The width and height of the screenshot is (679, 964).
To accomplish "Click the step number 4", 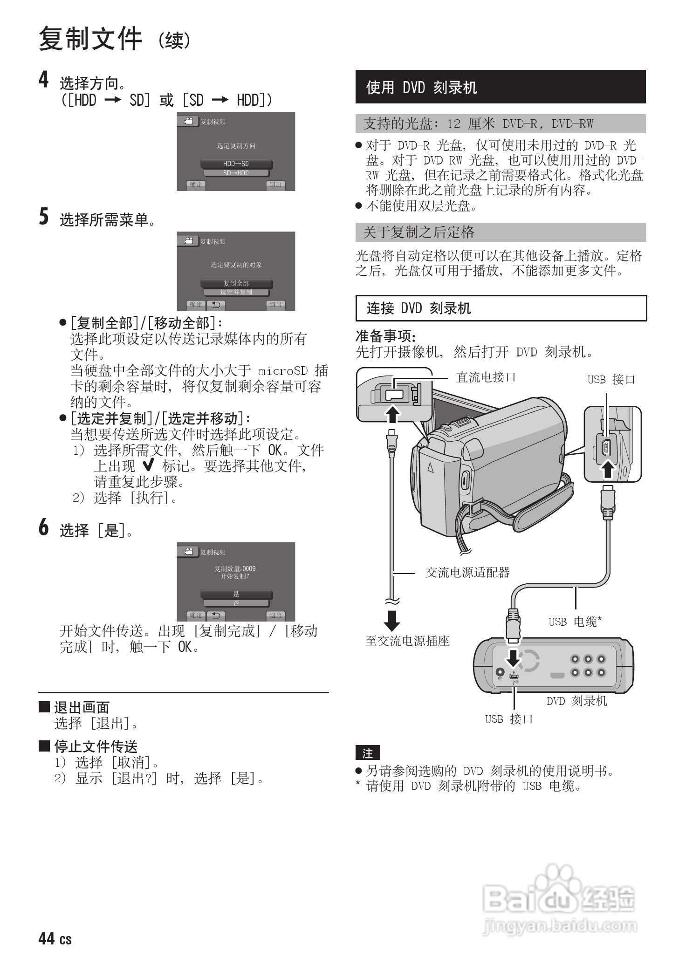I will click(43, 80).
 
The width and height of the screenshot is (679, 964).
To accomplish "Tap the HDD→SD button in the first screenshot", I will click(236, 164).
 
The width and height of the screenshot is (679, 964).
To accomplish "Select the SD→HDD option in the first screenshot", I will click(236, 173).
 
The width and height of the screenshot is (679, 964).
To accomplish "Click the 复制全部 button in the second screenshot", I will click(236, 283).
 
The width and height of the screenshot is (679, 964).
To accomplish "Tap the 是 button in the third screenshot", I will click(236, 594).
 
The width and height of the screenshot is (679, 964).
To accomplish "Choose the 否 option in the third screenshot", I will click(236, 603).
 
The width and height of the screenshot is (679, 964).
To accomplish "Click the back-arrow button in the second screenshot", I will click(216, 305).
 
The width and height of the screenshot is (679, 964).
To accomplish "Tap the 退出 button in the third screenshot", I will click(275, 615).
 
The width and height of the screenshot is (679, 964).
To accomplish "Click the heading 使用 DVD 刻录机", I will click(421, 87).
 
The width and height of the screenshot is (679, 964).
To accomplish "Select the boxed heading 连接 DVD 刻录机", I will click(418, 308).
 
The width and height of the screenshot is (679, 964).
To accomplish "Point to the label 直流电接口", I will click(486, 377).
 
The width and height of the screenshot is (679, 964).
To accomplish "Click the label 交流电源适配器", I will click(467, 572).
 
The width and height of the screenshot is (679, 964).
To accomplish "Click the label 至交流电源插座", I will click(407, 641).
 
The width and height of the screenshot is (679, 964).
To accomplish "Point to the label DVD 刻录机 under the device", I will click(576, 701).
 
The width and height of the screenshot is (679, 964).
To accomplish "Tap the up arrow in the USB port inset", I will click(608, 468).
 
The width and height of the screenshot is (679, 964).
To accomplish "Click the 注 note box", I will click(368, 753).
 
